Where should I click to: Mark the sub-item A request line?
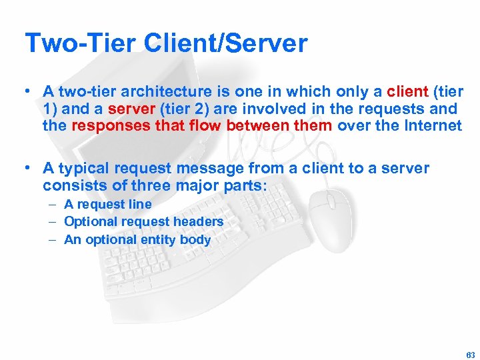(x=107, y=204)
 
